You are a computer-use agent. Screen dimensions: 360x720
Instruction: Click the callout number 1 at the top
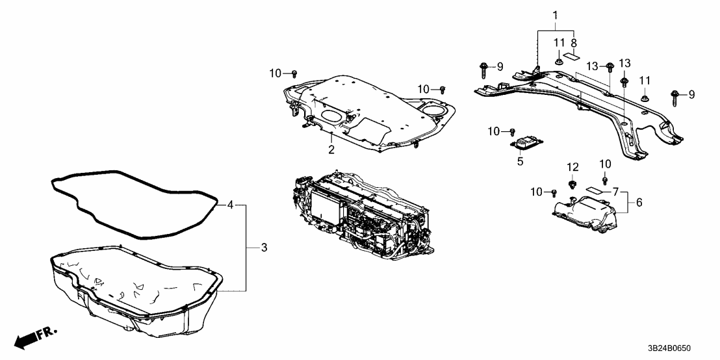(x=555, y=14)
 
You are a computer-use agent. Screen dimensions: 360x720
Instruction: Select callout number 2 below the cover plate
(x=331, y=150)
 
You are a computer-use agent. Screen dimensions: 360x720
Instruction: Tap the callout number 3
(x=264, y=248)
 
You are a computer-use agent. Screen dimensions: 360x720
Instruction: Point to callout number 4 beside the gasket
(x=230, y=205)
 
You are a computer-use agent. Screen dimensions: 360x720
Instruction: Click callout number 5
(x=520, y=161)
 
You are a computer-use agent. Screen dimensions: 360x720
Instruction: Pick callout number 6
(x=639, y=203)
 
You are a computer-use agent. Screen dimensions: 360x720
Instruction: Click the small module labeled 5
(x=527, y=143)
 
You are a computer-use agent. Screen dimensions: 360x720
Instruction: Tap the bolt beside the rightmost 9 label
(x=674, y=96)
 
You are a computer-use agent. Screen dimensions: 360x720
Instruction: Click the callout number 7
(x=615, y=193)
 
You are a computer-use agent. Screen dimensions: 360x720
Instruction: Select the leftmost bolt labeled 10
(x=294, y=73)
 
